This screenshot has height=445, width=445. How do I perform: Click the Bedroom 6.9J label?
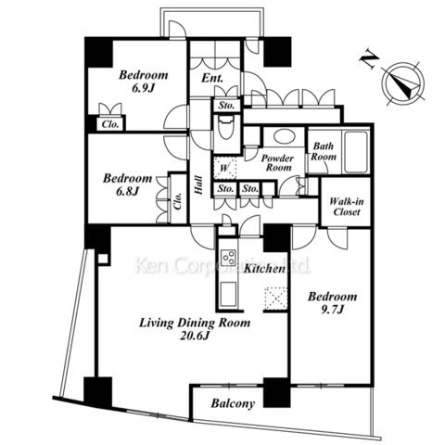point(144,82)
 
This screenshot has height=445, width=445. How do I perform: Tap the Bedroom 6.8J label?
point(127,184)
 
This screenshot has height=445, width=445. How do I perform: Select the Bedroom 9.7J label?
point(333,303)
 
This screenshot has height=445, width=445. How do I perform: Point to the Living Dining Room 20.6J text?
point(195,329)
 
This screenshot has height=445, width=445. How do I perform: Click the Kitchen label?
point(264,269)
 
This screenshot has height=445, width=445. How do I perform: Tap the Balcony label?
point(233,403)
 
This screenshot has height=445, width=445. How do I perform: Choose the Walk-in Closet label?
point(347,207)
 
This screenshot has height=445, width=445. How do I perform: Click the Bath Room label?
point(324,151)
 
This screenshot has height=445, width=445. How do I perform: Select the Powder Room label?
point(277,163)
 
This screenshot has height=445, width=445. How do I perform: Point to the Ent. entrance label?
point(212,78)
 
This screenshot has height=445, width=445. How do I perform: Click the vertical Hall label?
point(198,185)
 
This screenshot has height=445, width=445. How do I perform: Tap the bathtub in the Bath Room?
point(355,152)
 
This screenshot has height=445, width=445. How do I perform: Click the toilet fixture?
point(226,128)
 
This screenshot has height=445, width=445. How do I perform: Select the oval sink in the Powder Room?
point(284,136)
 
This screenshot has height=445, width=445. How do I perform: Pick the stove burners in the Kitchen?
point(229,257)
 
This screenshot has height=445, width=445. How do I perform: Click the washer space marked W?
point(224,168)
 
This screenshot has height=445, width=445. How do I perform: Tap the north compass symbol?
point(404,83)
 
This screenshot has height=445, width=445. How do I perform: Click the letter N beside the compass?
point(369,61)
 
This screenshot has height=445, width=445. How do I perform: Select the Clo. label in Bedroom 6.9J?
point(110,124)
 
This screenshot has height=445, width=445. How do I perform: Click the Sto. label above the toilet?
point(226,106)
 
